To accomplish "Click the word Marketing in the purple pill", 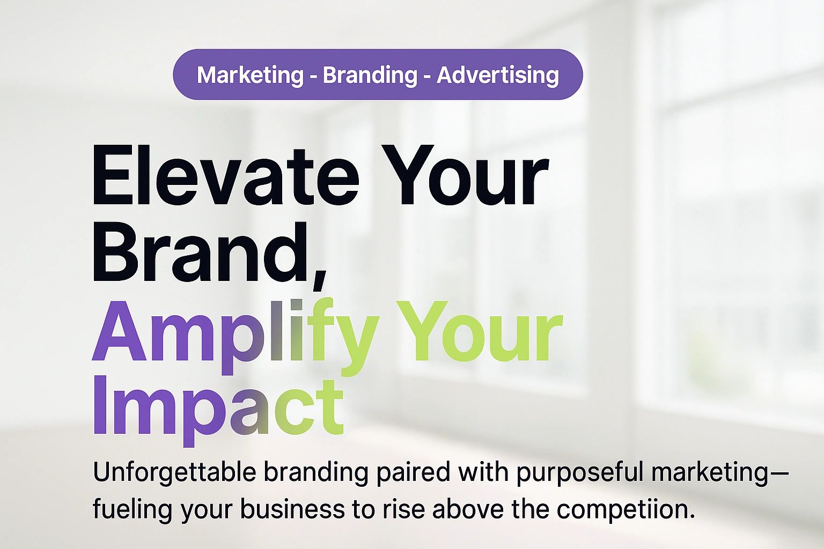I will click(250, 75).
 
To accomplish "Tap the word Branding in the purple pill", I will click(370, 75).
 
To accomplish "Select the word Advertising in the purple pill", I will click(497, 75).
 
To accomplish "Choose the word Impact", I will click(218, 407).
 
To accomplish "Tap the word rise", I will click(396, 508).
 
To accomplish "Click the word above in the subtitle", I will click(468, 508).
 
